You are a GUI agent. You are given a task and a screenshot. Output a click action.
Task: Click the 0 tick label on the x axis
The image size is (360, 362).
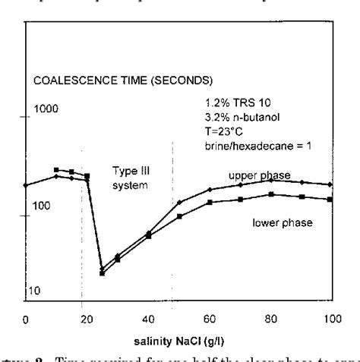(x=25, y=320)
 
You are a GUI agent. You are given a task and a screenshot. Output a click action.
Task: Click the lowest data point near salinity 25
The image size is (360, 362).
(x=102, y=273)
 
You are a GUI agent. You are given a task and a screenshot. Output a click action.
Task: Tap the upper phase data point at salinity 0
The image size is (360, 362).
(x=26, y=184)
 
